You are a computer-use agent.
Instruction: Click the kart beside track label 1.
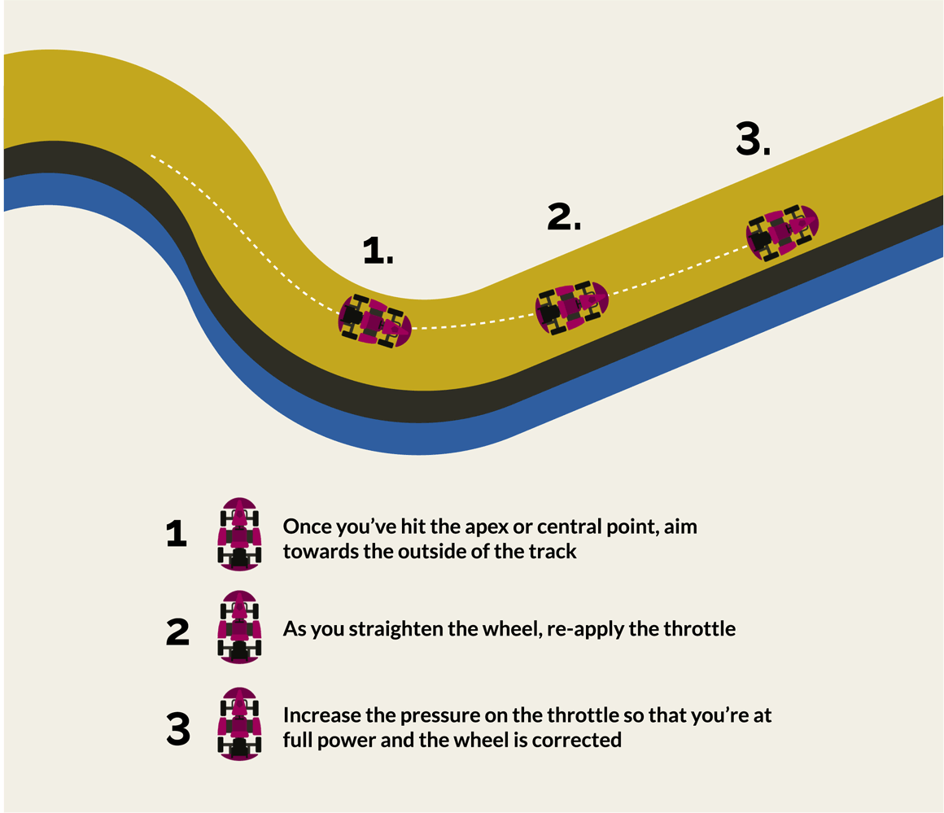(374, 320)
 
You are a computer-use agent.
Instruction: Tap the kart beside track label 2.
(571, 307)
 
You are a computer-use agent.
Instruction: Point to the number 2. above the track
(564, 216)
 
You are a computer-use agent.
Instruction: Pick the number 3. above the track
(753, 140)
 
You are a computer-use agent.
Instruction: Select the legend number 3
(177, 729)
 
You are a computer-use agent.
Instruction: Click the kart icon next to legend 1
(239, 535)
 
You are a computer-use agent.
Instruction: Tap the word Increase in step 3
(316, 716)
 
